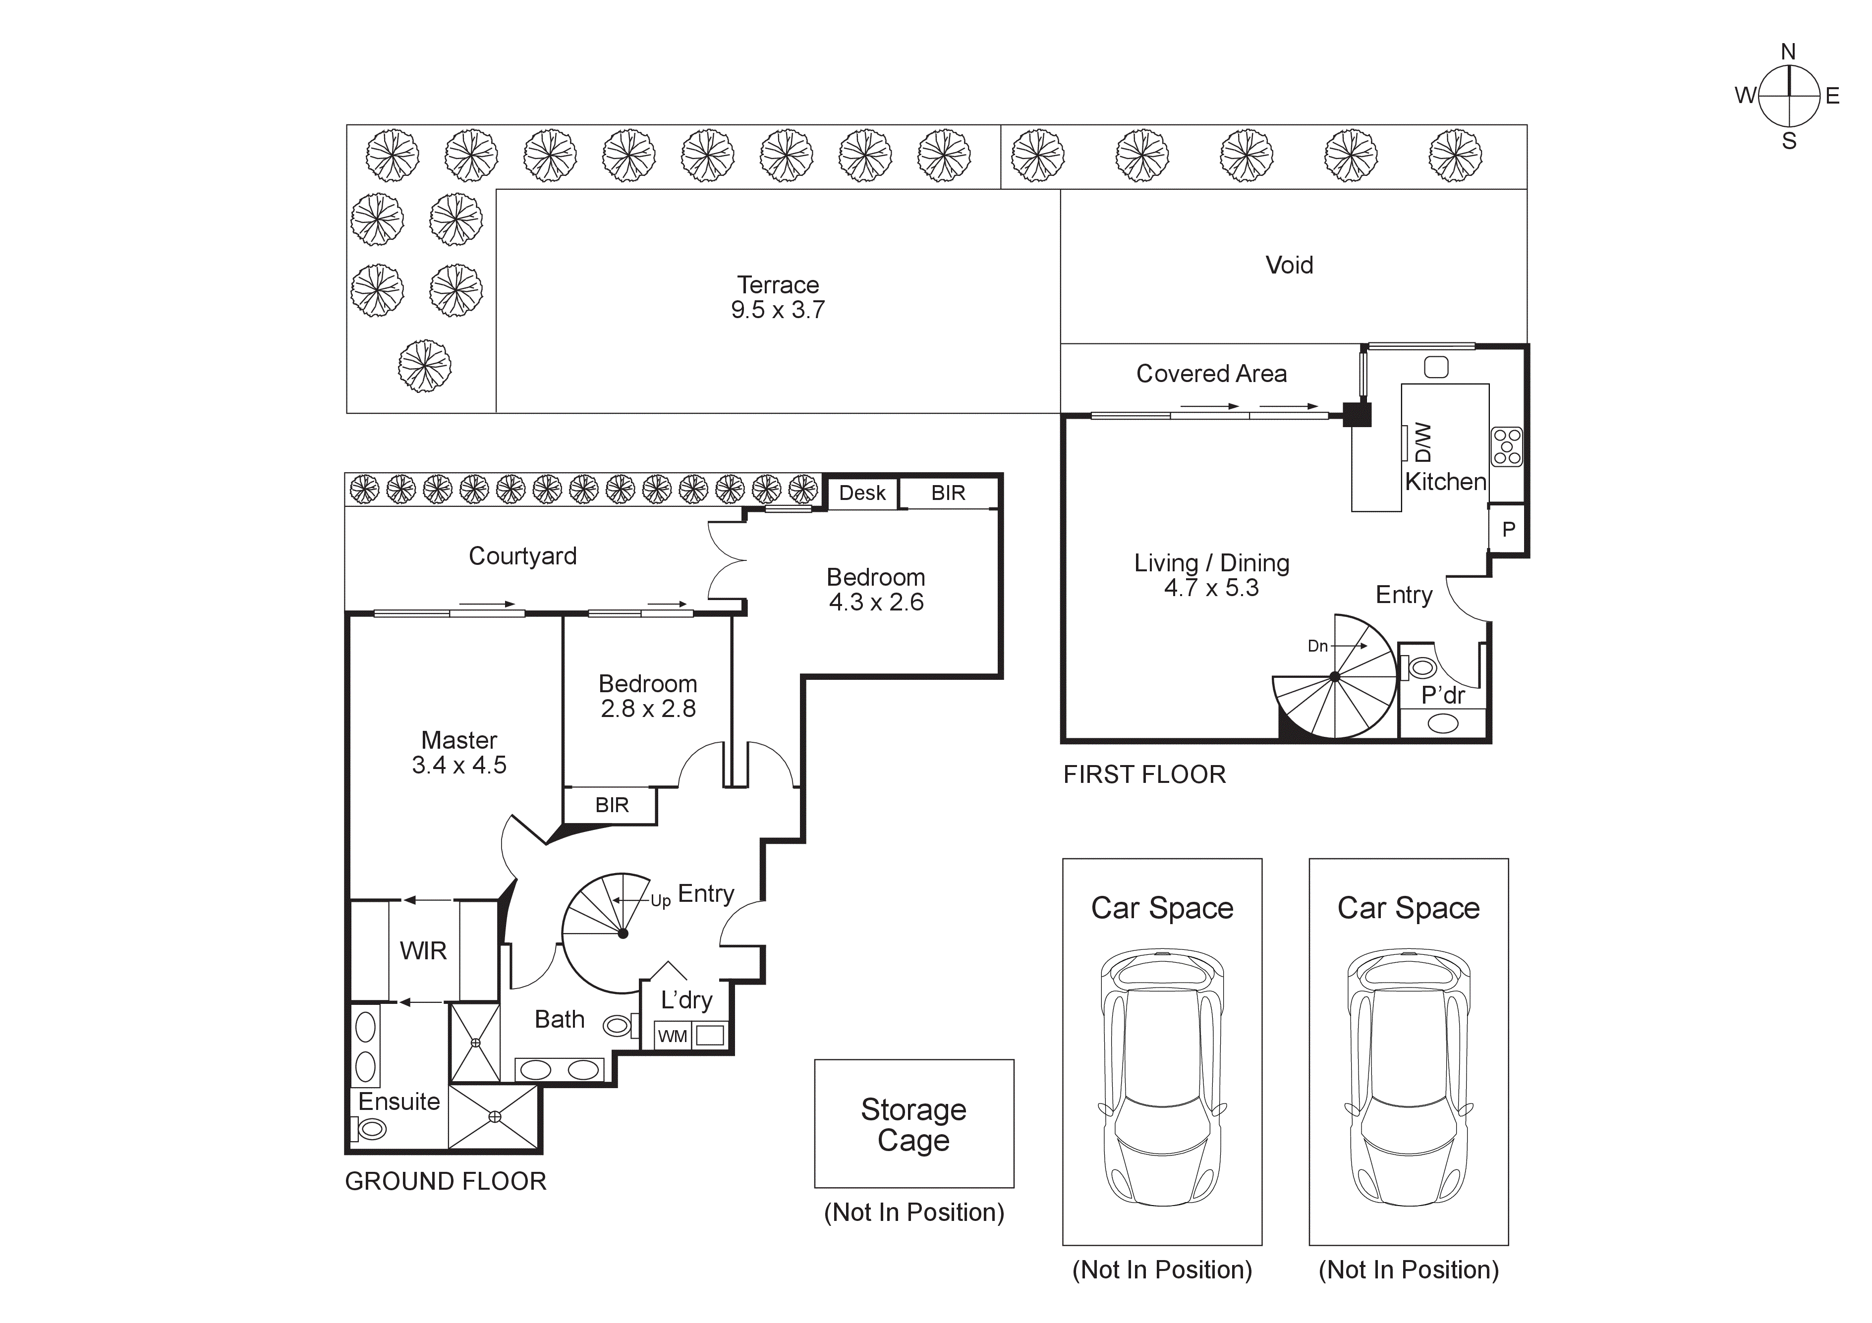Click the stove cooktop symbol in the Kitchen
(x=1506, y=447)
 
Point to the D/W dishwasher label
(x=1423, y=442)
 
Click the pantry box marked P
(x=1508, y=529)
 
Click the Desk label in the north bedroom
(x=862, y=493)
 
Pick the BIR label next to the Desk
(x=948, y=493)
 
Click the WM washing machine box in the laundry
(x=673, y=1036)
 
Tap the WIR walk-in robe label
(x=423, y=950)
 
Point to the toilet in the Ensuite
(x=371, y=1129)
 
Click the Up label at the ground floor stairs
(x=660, y=901)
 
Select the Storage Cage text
(x=913, y=1124)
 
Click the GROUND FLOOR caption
(x=445, y=1181)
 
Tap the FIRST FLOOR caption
(x=1144, y=774)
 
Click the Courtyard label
(x=522, y=556)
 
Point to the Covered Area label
(x=1211, y=373)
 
